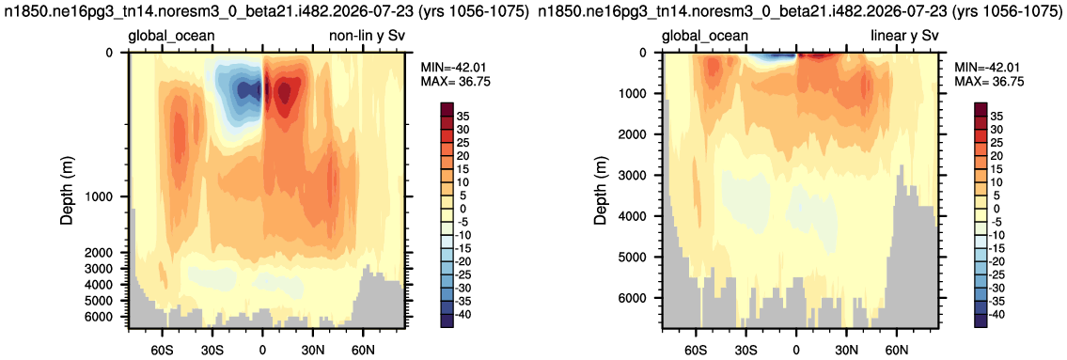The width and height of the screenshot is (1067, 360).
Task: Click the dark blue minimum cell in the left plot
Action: click(x=243, y=88)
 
